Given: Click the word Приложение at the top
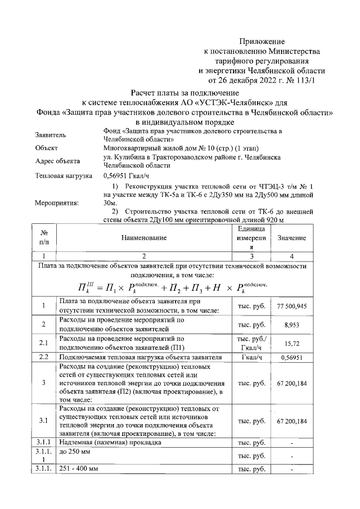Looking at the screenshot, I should point(262,41).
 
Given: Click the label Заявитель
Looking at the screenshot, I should point(51,136).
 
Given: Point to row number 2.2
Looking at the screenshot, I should point(43,357).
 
